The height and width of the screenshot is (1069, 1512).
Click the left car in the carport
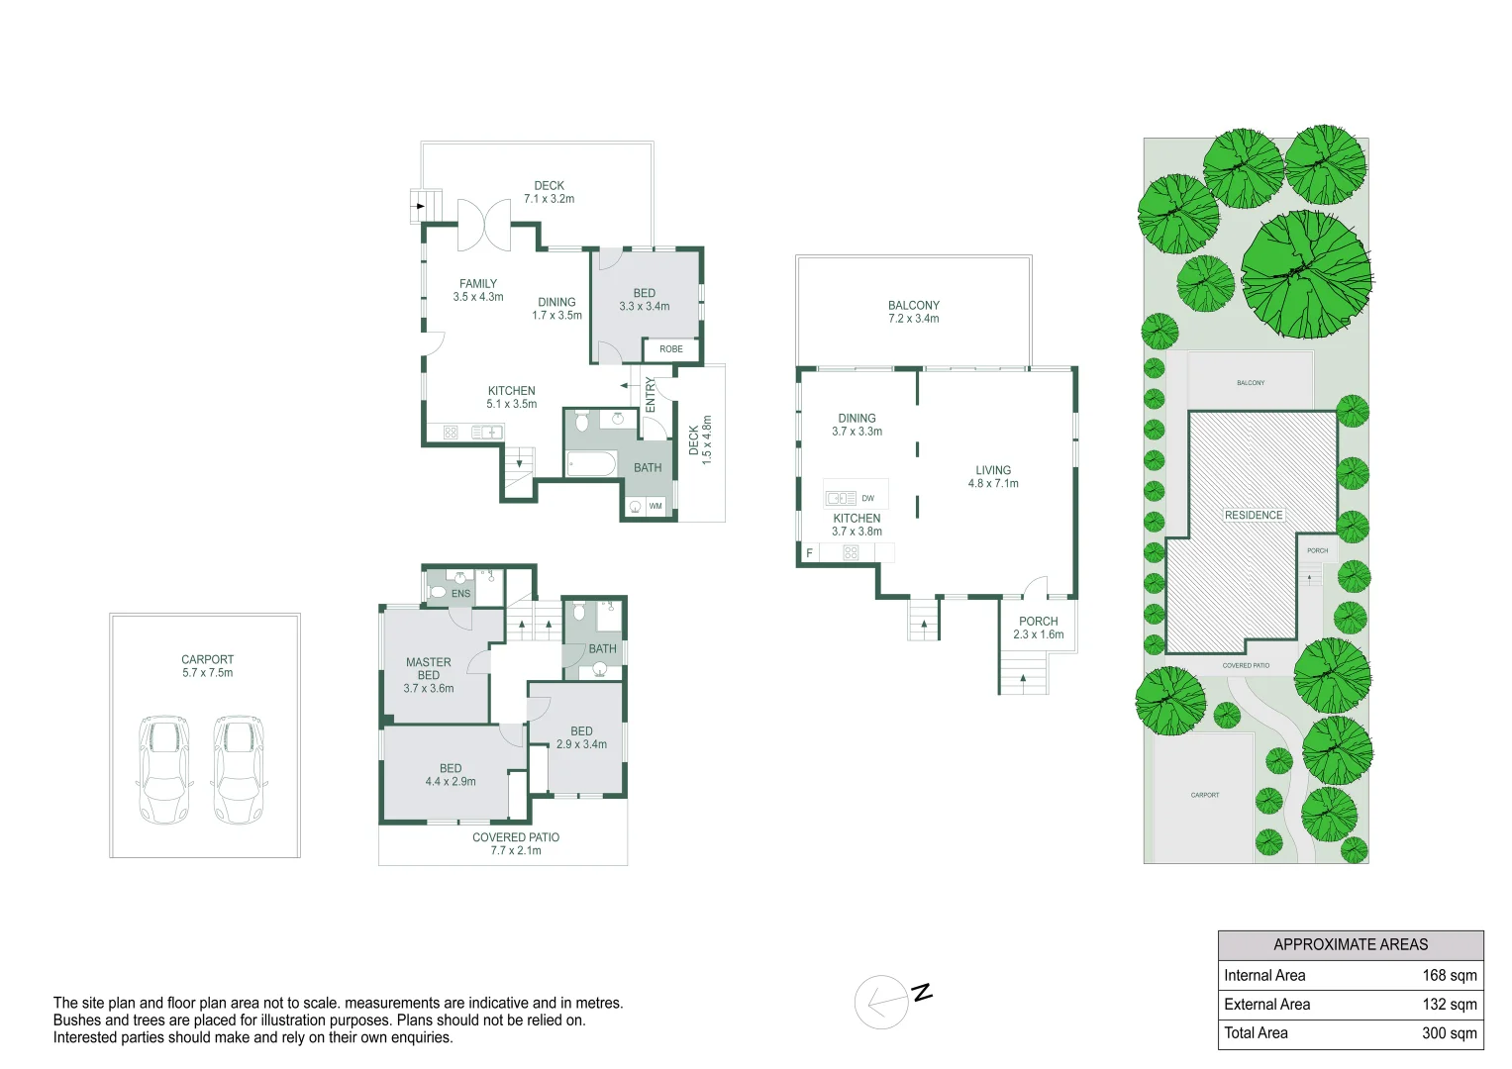tap(162, 769)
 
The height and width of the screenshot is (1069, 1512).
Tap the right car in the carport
tap(238, 769)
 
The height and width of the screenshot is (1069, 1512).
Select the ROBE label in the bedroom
tap(671, 349)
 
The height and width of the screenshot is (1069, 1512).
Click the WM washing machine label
tap(655, 506)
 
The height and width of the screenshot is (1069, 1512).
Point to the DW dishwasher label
tap(867, 498)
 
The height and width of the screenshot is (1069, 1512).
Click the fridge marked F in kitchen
tap(809, 553)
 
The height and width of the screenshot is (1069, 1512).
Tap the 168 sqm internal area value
tap(1449, 975)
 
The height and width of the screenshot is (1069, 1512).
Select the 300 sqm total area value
tap(1449, 1032)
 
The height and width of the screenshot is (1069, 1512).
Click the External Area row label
tap(1266, 1004)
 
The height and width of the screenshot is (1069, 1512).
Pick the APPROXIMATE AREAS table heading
tap(1351, 944)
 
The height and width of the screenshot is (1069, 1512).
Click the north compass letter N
tap(922, 992)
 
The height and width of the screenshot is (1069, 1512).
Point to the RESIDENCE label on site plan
tap(1254, 515)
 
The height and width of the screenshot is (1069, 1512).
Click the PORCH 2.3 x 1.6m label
tap(1038, 628)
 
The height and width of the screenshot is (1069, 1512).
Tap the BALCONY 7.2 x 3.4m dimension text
tap(913, 319)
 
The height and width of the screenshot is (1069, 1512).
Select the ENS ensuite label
tap(460, 594)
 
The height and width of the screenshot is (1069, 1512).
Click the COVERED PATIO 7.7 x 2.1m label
tap(516, 843)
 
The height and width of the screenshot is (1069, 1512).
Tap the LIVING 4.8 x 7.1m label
tap(993, 476)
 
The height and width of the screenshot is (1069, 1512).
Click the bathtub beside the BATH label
tap(592, 463)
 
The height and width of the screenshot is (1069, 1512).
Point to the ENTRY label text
tap(651, 394)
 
